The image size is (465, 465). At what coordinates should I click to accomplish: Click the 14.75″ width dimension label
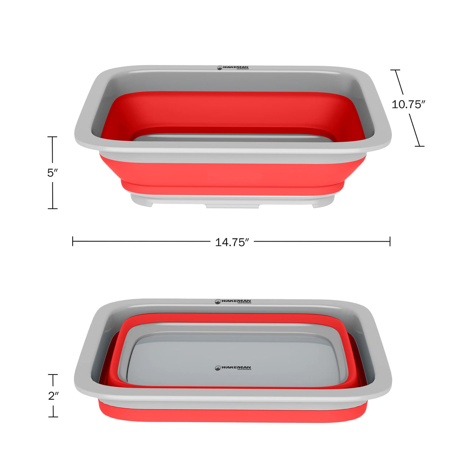pyautogui.click(x=232, y=242)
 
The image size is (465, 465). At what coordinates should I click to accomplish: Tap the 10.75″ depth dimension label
pyautogui.click(x=408, y=104)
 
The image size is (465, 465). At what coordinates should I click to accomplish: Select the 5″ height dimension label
pyautogui.click(x=53, y=173)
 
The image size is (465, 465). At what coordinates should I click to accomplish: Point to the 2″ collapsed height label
pyautogui.click(x=53, y=396)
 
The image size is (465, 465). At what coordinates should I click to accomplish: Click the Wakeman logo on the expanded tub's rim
pyautogui.click(x=233, y=68)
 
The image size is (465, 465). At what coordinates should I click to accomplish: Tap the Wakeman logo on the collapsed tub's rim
pyautogui.click(x=233, y=302)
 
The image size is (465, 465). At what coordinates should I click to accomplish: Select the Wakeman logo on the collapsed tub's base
pyautogui.click(x=233, y=368)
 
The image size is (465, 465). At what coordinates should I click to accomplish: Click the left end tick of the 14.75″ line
pyautogui.click(x=73, y=241)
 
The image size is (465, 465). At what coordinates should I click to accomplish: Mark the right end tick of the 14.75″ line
pyautogui.click(x=390, y=241)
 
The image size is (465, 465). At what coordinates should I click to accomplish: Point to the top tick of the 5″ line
pyautogui.click(x=52, y=137)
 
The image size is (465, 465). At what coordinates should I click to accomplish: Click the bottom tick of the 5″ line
pyautogui.click(x=53, y=209)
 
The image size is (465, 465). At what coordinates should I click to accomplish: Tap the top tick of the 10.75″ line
pyautogui.click(x=395, y=70)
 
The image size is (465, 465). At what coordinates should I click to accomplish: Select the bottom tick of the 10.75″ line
pyautogui.click(x=420, y=146)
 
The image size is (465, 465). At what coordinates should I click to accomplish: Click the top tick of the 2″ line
pyautogui.click(x=53, y=375)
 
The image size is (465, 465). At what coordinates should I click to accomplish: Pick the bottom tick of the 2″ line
pyautogui.click(x=53, y=417)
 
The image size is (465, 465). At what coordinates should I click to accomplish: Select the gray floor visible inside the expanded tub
pyautogui.click(x=232, y=138)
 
